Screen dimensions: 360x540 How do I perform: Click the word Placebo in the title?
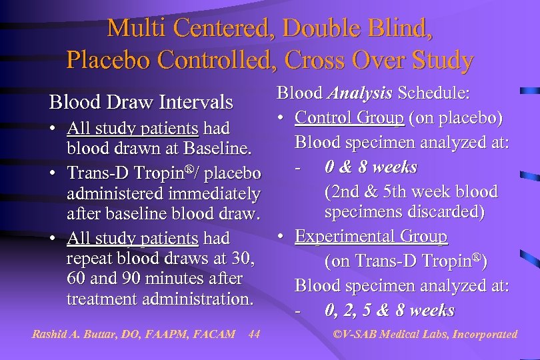[x=106, y=60]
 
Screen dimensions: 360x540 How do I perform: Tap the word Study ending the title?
[x=438, y=60]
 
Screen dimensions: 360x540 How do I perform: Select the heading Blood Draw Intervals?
[x=141, y=102]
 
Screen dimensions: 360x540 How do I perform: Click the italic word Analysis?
[x=359, y=93]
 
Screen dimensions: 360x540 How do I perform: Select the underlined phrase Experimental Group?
[x=371, y=236]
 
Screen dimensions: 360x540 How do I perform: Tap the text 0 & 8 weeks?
[x=371, y=167]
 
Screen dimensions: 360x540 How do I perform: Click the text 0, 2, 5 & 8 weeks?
[x=389, y=310]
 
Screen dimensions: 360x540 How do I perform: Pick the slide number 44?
[x=253, y=334]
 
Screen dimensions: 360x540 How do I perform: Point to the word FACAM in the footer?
[x=213, y=334]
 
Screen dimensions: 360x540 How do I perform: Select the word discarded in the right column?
[x=451, y=211]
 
